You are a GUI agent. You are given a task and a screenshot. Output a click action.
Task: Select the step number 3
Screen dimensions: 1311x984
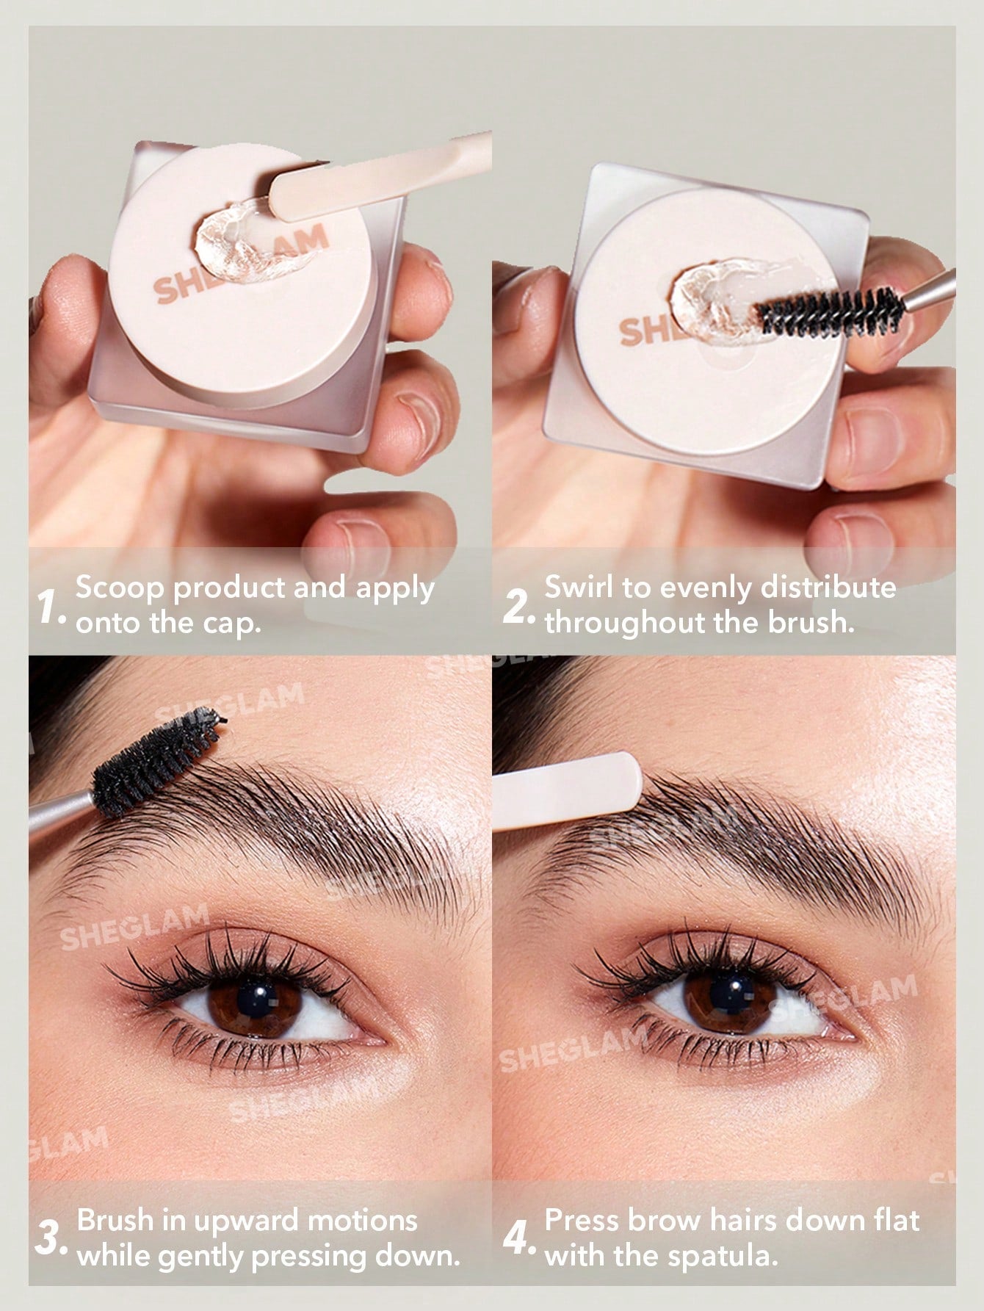(52, 1238)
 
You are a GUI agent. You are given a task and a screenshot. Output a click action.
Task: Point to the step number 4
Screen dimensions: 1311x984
(521, 1238)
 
